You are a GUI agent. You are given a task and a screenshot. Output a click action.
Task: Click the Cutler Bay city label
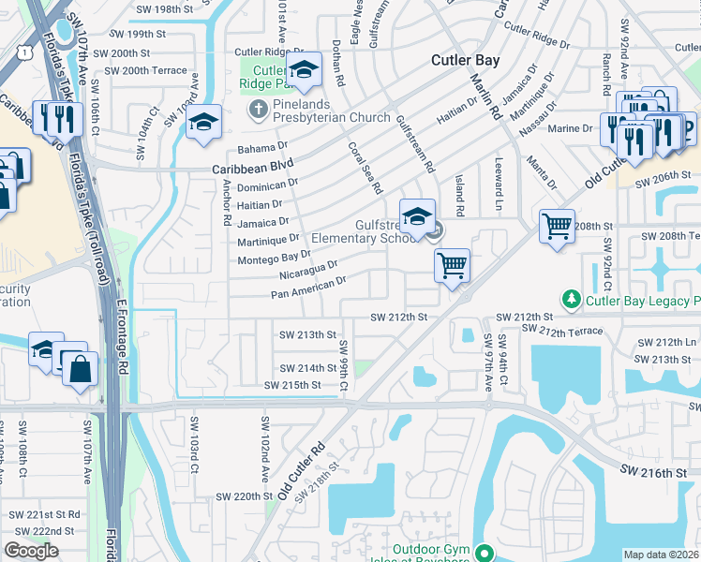(x=465, y=60)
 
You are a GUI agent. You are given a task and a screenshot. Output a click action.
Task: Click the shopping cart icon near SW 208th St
(x=557, y=227)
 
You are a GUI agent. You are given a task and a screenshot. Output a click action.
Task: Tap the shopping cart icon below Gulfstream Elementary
(x=452, y=266)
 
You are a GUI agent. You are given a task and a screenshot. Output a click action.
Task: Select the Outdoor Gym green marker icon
(x=484, y=554)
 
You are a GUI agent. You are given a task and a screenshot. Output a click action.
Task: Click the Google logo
(x=31, y=550)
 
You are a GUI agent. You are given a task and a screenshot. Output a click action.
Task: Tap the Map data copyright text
(x=661, y=555)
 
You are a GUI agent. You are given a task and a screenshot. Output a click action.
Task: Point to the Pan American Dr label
(x=308, y=287)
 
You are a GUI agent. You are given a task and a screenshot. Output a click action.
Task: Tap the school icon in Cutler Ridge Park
(x=304, y=70)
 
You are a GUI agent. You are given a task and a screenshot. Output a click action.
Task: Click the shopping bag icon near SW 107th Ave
(x=82, y=369)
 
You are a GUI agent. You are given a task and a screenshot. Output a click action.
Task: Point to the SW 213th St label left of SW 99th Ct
(x=307, y=334)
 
